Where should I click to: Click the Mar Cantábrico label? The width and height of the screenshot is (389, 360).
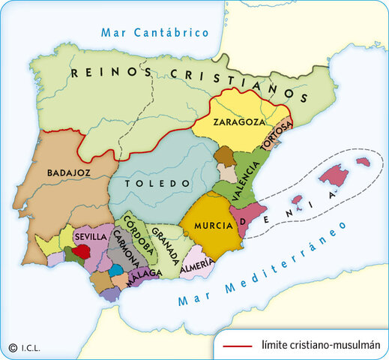click(x=156, y=32)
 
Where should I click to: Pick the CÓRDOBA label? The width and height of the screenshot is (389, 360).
click(x=137, y=235)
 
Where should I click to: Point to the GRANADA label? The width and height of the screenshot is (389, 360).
click(x=165, y=245)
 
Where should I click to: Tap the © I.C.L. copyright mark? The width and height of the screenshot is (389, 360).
click(x=25, y=347)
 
